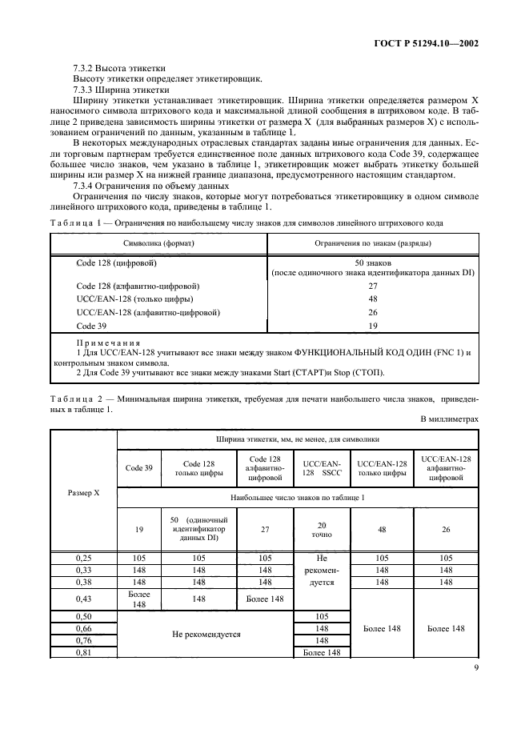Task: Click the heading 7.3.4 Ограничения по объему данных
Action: (139, 186)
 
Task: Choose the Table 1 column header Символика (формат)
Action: (158, 242)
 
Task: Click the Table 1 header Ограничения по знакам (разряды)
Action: (372, 242)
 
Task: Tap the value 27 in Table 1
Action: (372, 286)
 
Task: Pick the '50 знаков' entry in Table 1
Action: (372, 262)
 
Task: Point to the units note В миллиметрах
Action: (448, 419)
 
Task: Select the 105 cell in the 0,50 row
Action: (321, 617)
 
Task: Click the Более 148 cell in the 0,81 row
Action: (321, 652)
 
